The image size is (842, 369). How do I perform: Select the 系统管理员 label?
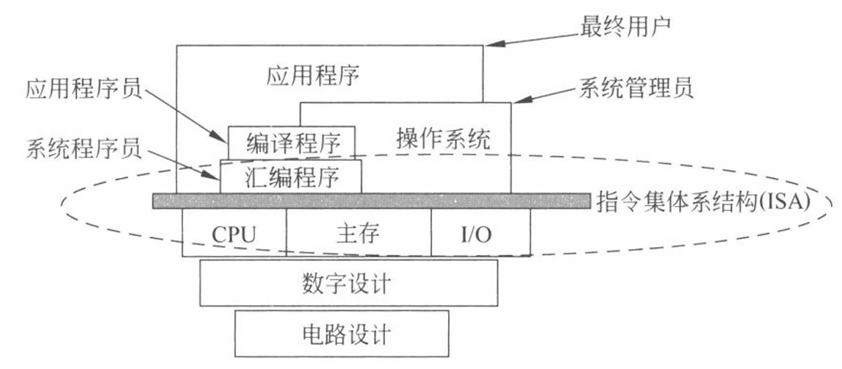(636, 88)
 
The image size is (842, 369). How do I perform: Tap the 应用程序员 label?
(84, 90)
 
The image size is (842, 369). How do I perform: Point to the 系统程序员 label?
(84, 150)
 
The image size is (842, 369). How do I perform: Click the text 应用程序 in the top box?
(313, 76)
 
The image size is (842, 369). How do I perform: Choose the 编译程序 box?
(292, 143)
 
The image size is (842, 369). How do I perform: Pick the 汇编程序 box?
(290, 176)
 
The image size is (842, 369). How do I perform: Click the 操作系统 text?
(444, 140)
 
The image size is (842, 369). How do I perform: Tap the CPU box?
(234, 232)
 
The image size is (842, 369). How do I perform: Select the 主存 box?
(359, 232)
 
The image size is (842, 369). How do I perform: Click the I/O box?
(481, 232)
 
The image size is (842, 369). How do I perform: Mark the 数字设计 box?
(348, 283)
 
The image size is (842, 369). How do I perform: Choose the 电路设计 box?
(342, 334)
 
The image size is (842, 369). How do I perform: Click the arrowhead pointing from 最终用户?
(495, 43)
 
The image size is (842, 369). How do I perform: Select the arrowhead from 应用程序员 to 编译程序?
(220, 137)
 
